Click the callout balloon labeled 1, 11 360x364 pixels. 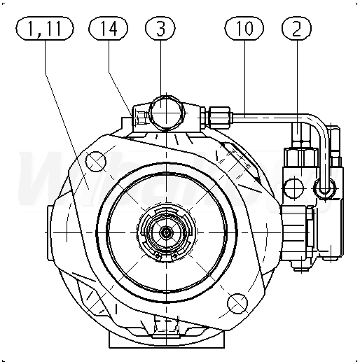click(x=45, y=28)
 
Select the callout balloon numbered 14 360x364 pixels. click(x=108, y=28)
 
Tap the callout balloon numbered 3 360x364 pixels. click(x=160, y=28)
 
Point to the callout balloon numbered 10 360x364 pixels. click(x=244, y=28)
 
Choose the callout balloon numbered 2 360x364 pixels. click(x=297, y=28)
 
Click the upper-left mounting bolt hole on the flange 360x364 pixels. click(x=96, y=161)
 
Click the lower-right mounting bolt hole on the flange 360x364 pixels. click(x=237, y=304)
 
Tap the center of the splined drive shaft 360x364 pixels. click(x=166, y=232)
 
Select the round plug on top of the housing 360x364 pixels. click(x=166, y=113)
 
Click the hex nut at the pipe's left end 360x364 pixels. click(x=220, y=118)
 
